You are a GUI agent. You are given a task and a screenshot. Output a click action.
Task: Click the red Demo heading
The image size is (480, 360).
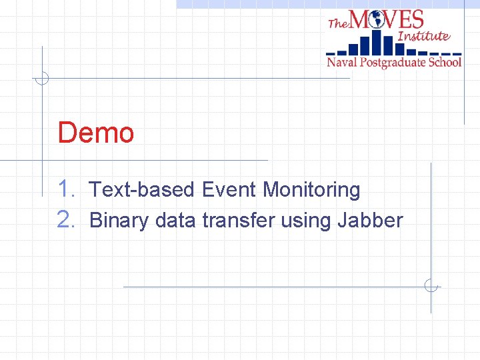(96, 133)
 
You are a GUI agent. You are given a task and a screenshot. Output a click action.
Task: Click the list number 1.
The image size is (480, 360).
(67, 189)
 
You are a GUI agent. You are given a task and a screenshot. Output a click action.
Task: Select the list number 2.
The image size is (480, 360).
(67, 219)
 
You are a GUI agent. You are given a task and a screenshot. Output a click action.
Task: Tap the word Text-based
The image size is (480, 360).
(142, 190)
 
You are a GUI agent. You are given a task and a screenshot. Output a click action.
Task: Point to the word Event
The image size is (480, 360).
(229, 190)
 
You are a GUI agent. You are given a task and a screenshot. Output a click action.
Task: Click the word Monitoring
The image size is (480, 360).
(311, 191)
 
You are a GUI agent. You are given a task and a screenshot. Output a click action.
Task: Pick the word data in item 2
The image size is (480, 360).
(174, 220)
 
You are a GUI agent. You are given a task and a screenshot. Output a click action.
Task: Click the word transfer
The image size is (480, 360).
(238, 220)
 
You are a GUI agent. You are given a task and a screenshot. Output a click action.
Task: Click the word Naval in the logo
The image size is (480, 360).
(342, 63)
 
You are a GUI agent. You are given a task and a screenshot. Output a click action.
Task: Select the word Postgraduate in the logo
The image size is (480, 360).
(393, 63)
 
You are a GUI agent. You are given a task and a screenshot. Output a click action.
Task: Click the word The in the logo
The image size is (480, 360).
(338, 23)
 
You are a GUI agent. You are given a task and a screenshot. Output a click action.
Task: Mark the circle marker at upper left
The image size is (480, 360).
(42, 78)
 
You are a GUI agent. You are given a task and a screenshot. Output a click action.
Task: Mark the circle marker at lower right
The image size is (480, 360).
(431, 287)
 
